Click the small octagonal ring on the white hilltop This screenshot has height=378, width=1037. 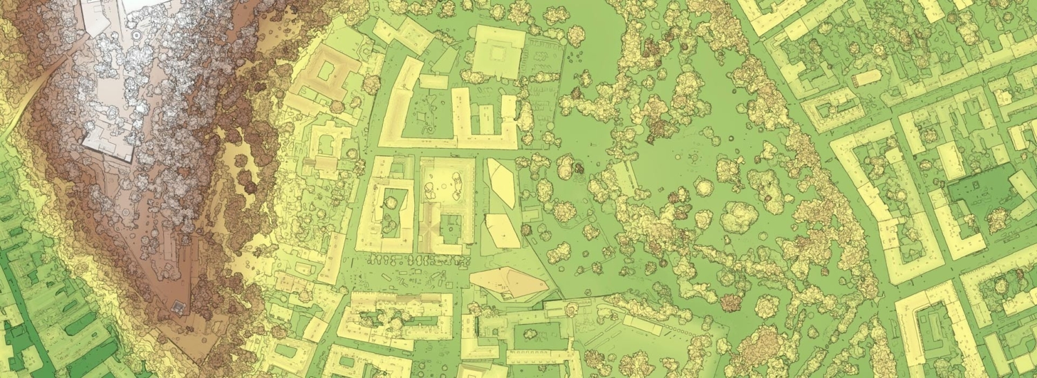[x=136, y=33]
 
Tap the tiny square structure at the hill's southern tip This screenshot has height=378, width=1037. [x=180, y=306]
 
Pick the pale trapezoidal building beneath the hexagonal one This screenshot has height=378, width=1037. [x=503, y=231]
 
